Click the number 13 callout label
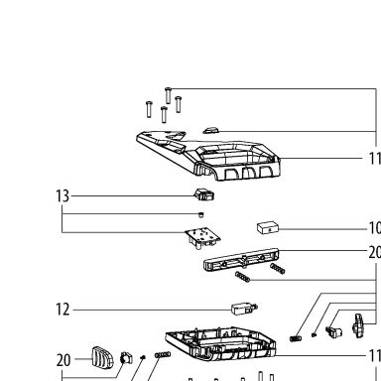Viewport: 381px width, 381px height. tap(63, 195)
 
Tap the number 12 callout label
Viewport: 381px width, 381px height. tap(63, 310)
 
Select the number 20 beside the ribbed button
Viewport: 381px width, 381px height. tap(63, 360)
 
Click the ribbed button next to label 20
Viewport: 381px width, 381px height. tap(102, 357)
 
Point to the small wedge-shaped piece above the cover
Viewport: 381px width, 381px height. tap(210, 130)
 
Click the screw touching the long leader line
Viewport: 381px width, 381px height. tap(168, 95)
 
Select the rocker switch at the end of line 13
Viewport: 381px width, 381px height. tap(204, 194)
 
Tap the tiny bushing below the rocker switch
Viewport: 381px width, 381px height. tap(200, 215)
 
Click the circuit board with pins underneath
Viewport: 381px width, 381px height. tap(203, 238)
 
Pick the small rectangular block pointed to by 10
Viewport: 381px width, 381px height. tap(268, 228)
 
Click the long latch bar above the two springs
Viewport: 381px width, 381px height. tap(241, 260)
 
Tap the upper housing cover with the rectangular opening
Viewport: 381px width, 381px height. tap(208, 155)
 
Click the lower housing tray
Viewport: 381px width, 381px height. tap(220, 344)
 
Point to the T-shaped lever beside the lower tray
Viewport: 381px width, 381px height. tap(357, 325)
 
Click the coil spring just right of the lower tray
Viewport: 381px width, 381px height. tap(296, 338)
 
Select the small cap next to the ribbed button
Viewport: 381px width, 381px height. tap(126, 358)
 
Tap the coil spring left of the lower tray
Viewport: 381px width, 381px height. tap(163, 354)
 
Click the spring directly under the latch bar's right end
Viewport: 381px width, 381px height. tap(277, 269)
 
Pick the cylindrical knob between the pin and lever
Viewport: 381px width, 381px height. tap(333, 331)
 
